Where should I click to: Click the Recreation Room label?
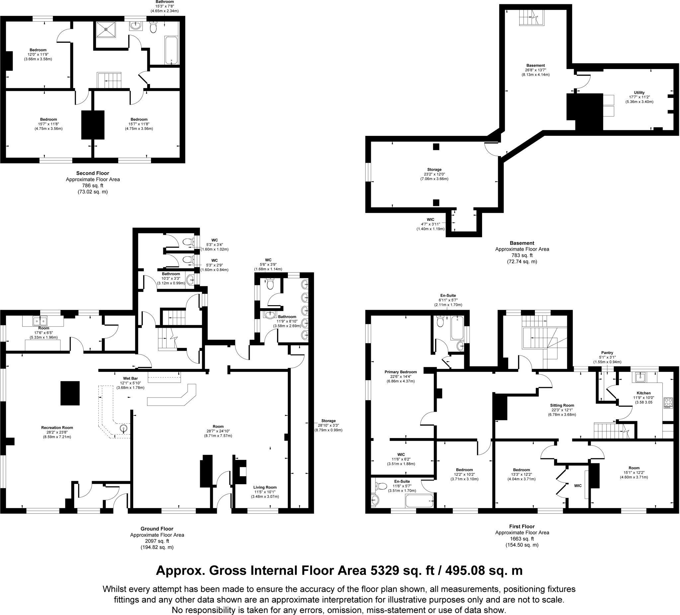57,427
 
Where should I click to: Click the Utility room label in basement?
639,92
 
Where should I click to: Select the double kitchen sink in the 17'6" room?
41,321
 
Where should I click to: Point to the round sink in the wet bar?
124,429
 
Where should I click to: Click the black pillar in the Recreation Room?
70,393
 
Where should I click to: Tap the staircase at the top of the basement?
531,18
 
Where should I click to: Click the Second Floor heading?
92,173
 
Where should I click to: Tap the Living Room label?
265,487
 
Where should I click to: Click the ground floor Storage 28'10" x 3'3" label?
328,421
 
